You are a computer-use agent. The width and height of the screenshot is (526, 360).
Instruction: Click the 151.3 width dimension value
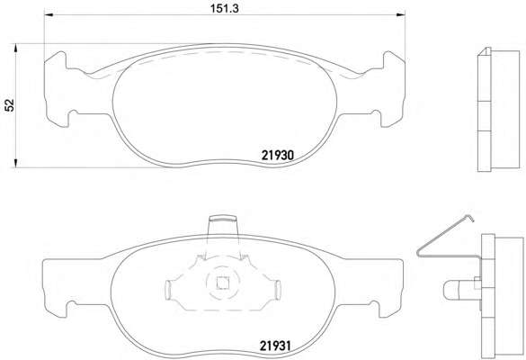pyautogui.click(x=225, y=9)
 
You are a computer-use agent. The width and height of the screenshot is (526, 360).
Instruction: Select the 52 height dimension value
pyautogui.click(x=10, y=105)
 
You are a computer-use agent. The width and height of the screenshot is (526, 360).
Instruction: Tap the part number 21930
pyautogui.click(x=278, y=155)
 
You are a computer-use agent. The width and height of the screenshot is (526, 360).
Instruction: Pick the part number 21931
pyautogui.click(x=275, y=346)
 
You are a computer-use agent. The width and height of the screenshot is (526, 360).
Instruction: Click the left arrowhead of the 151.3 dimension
pyautogui.click(x=49, y=14)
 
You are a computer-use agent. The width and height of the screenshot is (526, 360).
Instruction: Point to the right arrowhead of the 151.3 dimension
pyautogui.click(x=400, y=14)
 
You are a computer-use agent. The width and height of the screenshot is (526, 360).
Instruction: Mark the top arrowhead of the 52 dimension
pyautogui.click(x=15, y=48)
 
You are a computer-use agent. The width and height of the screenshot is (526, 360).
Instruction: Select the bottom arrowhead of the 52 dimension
pyautogui.click(x=15, y=163)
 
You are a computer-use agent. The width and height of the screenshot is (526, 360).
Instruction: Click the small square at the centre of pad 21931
pyautogui.click(x=222, y=283)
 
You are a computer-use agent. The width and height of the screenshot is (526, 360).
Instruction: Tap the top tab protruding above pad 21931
pyautogui.click(x=223, y=226)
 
